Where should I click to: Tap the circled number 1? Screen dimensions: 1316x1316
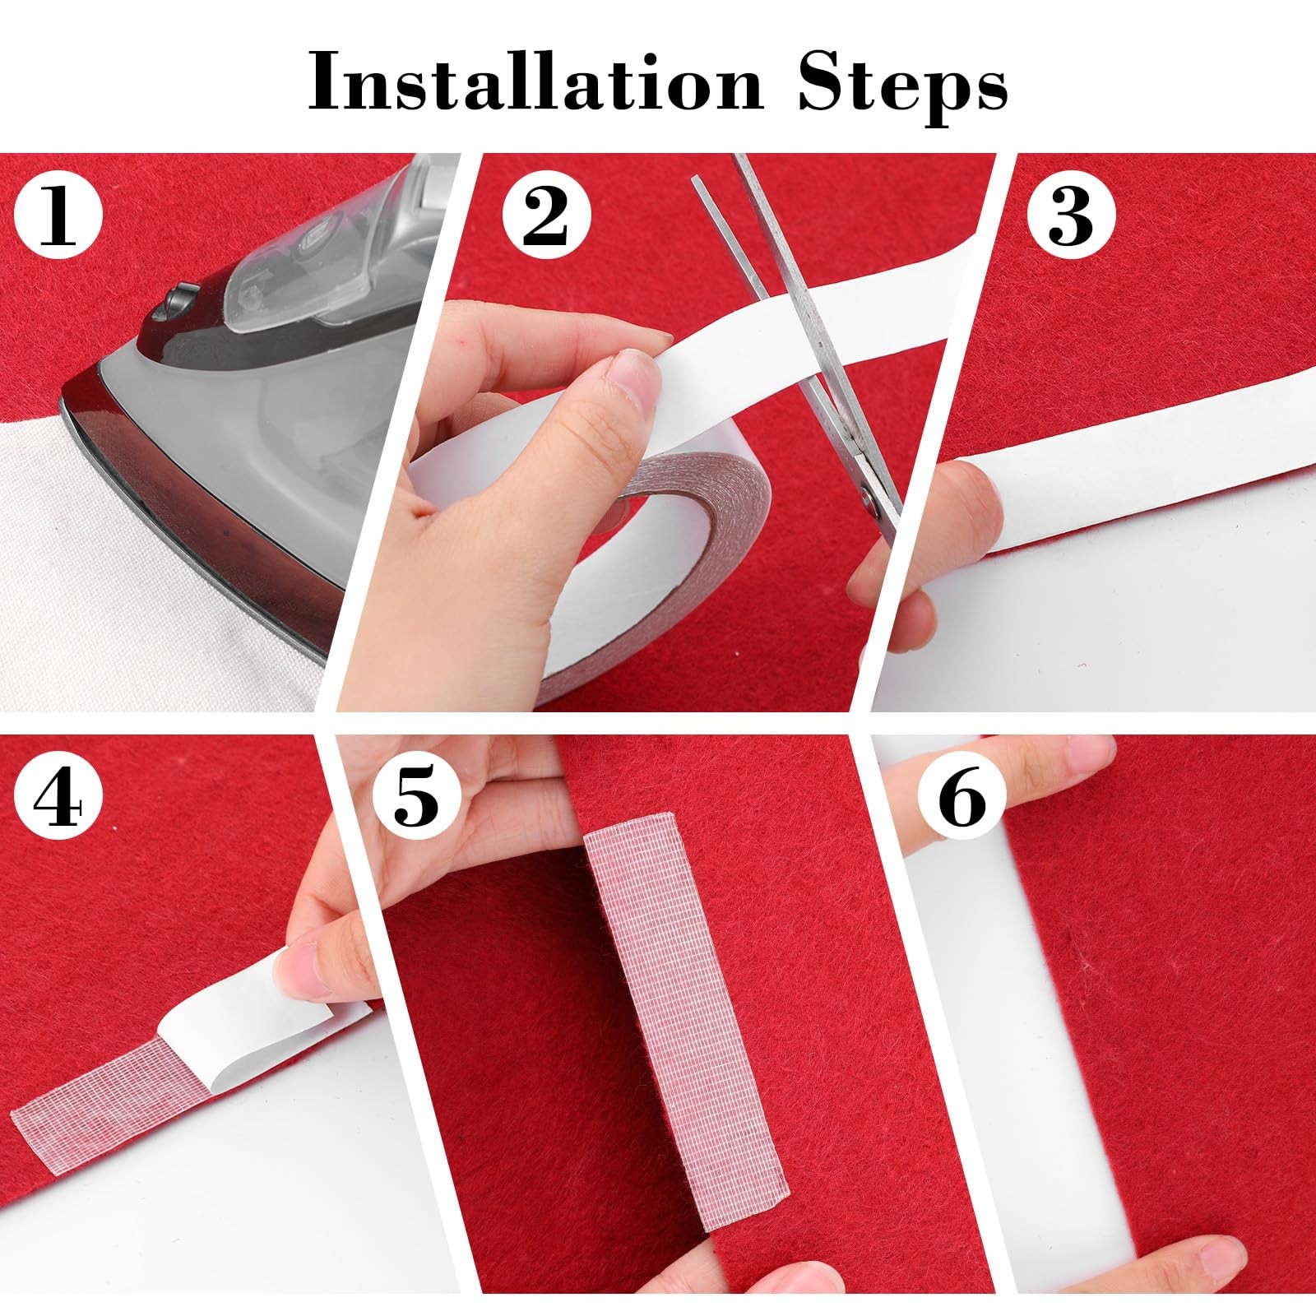(58, 216)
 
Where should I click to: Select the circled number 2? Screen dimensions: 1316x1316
(546, 216)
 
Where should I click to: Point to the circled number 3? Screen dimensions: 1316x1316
(1072, 216)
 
